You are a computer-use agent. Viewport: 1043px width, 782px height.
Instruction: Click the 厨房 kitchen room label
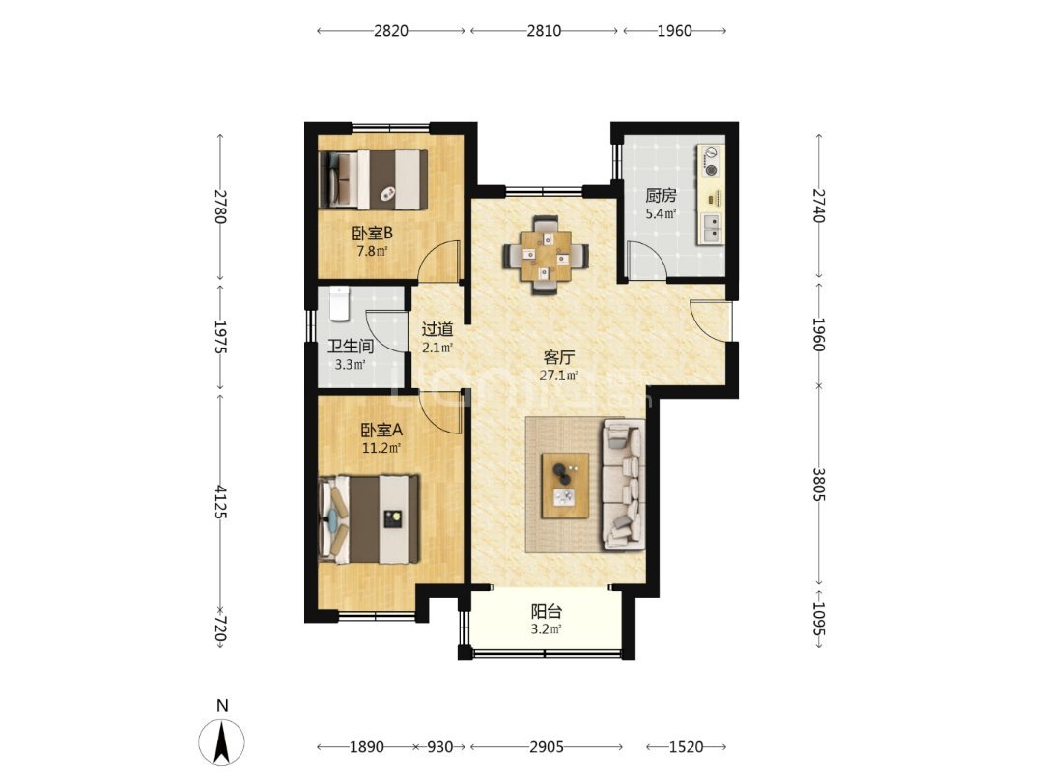point(661,195)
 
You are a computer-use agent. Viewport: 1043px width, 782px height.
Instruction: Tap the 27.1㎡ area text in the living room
point(558,376)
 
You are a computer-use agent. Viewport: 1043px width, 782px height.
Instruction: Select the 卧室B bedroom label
point(372,234)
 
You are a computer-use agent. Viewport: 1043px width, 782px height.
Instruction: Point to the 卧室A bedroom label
point(381,431)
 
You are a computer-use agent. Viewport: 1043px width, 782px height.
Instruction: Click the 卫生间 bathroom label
point(350,347)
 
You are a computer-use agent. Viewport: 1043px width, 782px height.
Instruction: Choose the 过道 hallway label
point(437,329)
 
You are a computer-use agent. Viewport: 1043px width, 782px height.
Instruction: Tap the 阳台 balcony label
point(546,611)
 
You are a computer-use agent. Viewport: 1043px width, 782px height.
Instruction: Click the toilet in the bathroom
point(339,302)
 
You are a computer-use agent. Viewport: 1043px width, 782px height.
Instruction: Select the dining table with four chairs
point(546,255)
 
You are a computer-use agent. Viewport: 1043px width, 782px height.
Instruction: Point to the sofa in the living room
point(624,485)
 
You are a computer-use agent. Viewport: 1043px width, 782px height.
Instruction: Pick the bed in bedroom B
point(373,180)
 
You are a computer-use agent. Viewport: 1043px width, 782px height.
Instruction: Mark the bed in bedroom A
point(369,518)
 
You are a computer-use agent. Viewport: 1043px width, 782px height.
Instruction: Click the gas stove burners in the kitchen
point(711,161)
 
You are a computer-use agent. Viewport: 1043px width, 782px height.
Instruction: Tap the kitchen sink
point(711,227)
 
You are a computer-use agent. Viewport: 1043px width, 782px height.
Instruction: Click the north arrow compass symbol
point(221,741)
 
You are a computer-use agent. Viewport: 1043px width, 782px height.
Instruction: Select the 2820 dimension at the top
point(390,31)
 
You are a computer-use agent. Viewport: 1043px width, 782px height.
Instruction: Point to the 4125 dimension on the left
point(221,503)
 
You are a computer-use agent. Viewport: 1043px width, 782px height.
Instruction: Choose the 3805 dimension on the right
point(819,486)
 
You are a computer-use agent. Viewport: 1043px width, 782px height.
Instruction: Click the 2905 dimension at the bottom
point(546,746)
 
